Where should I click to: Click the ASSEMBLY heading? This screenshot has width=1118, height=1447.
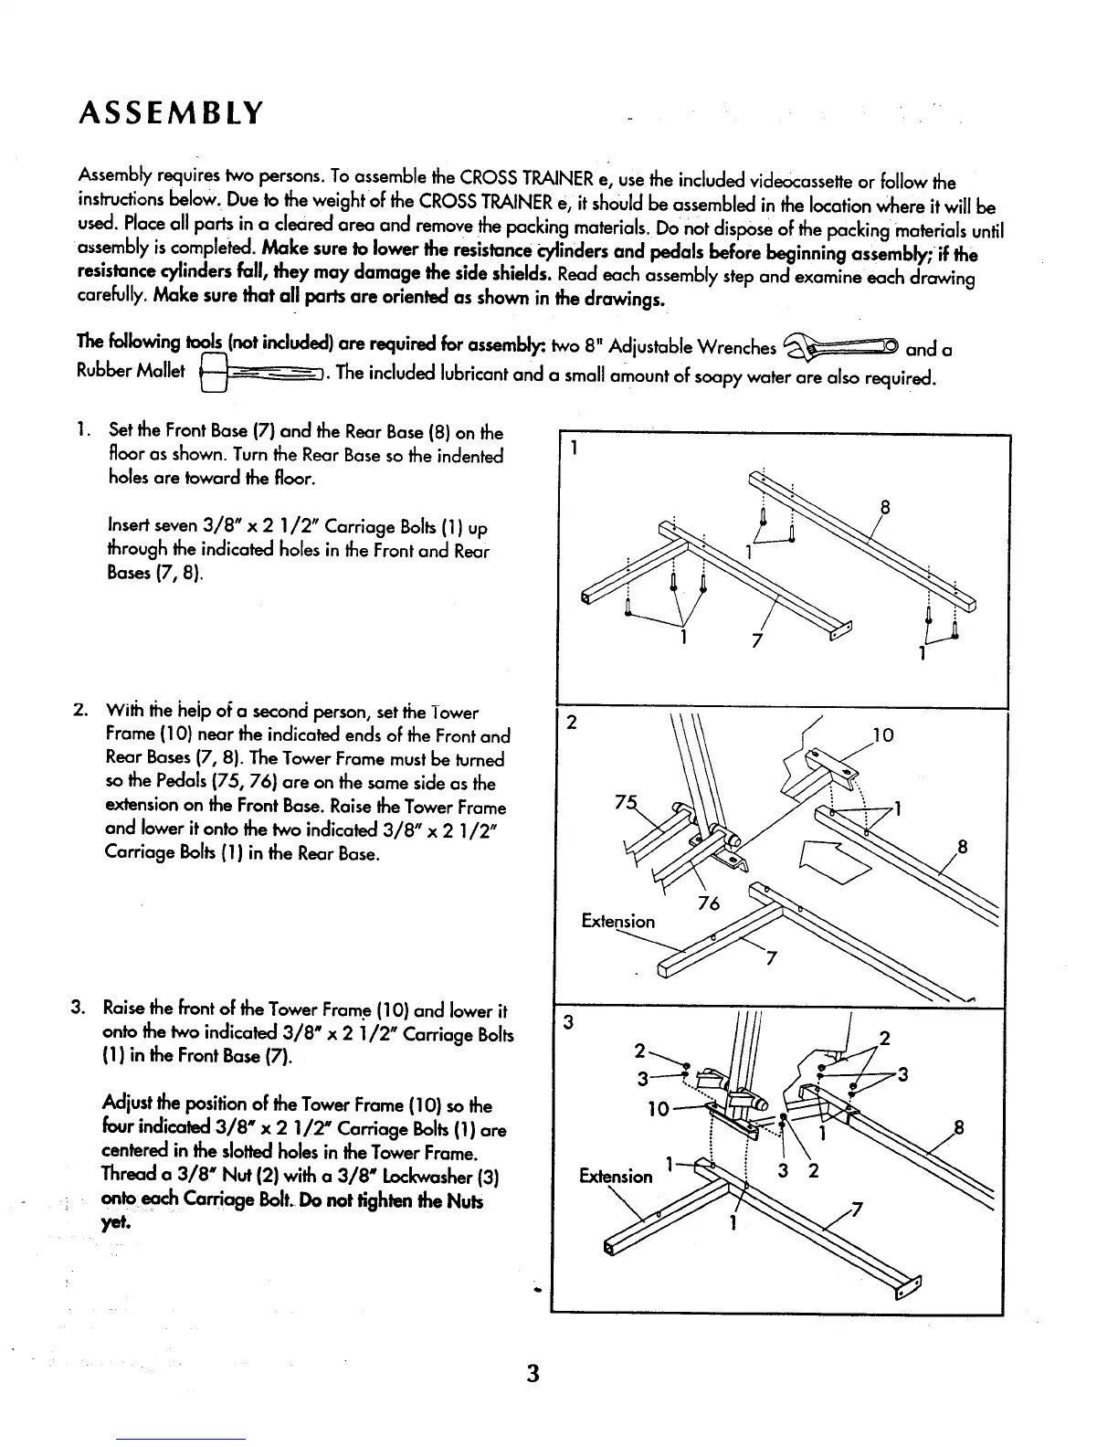coord(171,114)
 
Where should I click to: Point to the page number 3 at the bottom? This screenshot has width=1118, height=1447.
coord(534,1373)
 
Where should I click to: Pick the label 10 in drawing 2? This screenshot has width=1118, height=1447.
coord(884,735)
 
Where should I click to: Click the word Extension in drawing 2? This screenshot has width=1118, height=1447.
coord(617,921)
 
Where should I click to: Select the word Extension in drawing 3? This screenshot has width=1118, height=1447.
coord(616,1176)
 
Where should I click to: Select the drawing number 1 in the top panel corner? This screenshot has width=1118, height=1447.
coord(574,449)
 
